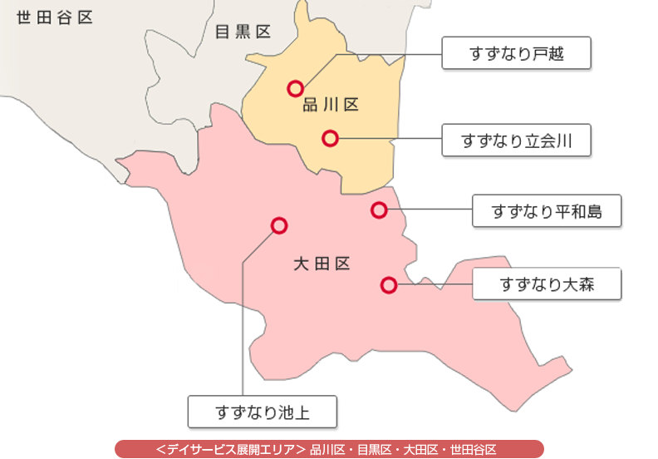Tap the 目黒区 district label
pos(243,32)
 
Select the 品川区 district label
pos(329,105)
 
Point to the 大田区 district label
pos(322,264)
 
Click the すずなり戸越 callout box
pos(516,54)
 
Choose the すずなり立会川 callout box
pos(516,141)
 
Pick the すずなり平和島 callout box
pos(546,211)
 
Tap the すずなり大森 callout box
pos(546,285)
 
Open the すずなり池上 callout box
pos(262,411)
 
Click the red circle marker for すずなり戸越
pos(293,87)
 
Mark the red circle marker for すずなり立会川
pos(330,138)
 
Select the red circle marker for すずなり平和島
pos(379,210)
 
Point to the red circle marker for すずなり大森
pos(387,285)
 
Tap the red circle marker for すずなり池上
pos(279,225)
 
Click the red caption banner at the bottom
pos(329,449)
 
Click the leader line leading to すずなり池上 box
pos(243,333)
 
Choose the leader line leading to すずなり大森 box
pos(432,285)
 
